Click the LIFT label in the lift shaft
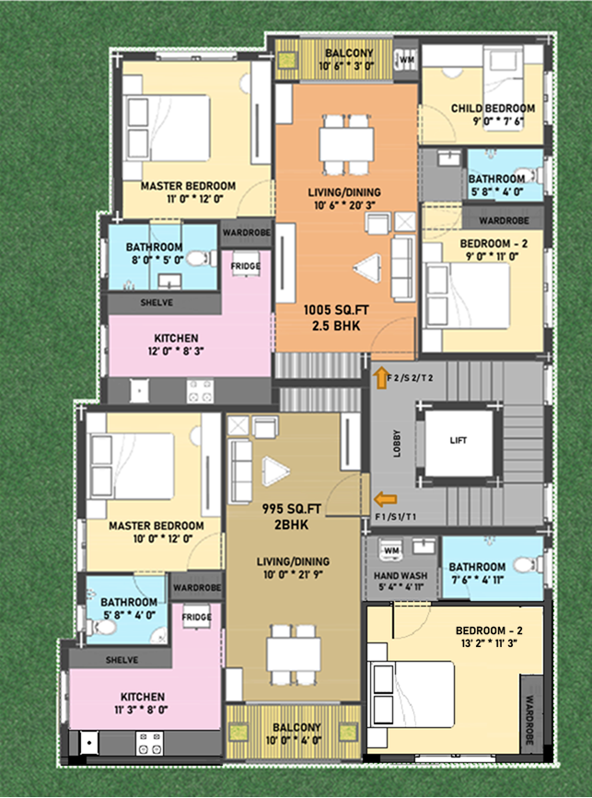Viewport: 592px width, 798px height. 459,441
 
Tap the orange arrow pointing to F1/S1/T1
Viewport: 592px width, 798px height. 386,500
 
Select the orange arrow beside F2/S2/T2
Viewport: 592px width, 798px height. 379,379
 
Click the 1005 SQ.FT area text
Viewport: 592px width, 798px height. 336,310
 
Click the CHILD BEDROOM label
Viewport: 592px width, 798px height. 493,109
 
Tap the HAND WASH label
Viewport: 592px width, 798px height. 400,575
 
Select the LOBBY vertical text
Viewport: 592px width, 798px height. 397,444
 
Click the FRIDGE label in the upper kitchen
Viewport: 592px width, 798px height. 246,266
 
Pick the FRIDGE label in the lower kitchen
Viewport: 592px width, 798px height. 197,618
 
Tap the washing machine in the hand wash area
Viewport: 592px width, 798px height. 391,549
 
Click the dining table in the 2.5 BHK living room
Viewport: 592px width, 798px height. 347,145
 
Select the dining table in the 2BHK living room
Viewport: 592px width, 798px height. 294,654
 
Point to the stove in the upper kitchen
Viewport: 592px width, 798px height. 200,391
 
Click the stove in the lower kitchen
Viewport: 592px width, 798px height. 150,743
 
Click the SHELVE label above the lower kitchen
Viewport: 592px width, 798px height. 122,660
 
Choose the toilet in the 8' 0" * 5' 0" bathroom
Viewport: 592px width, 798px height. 198,259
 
